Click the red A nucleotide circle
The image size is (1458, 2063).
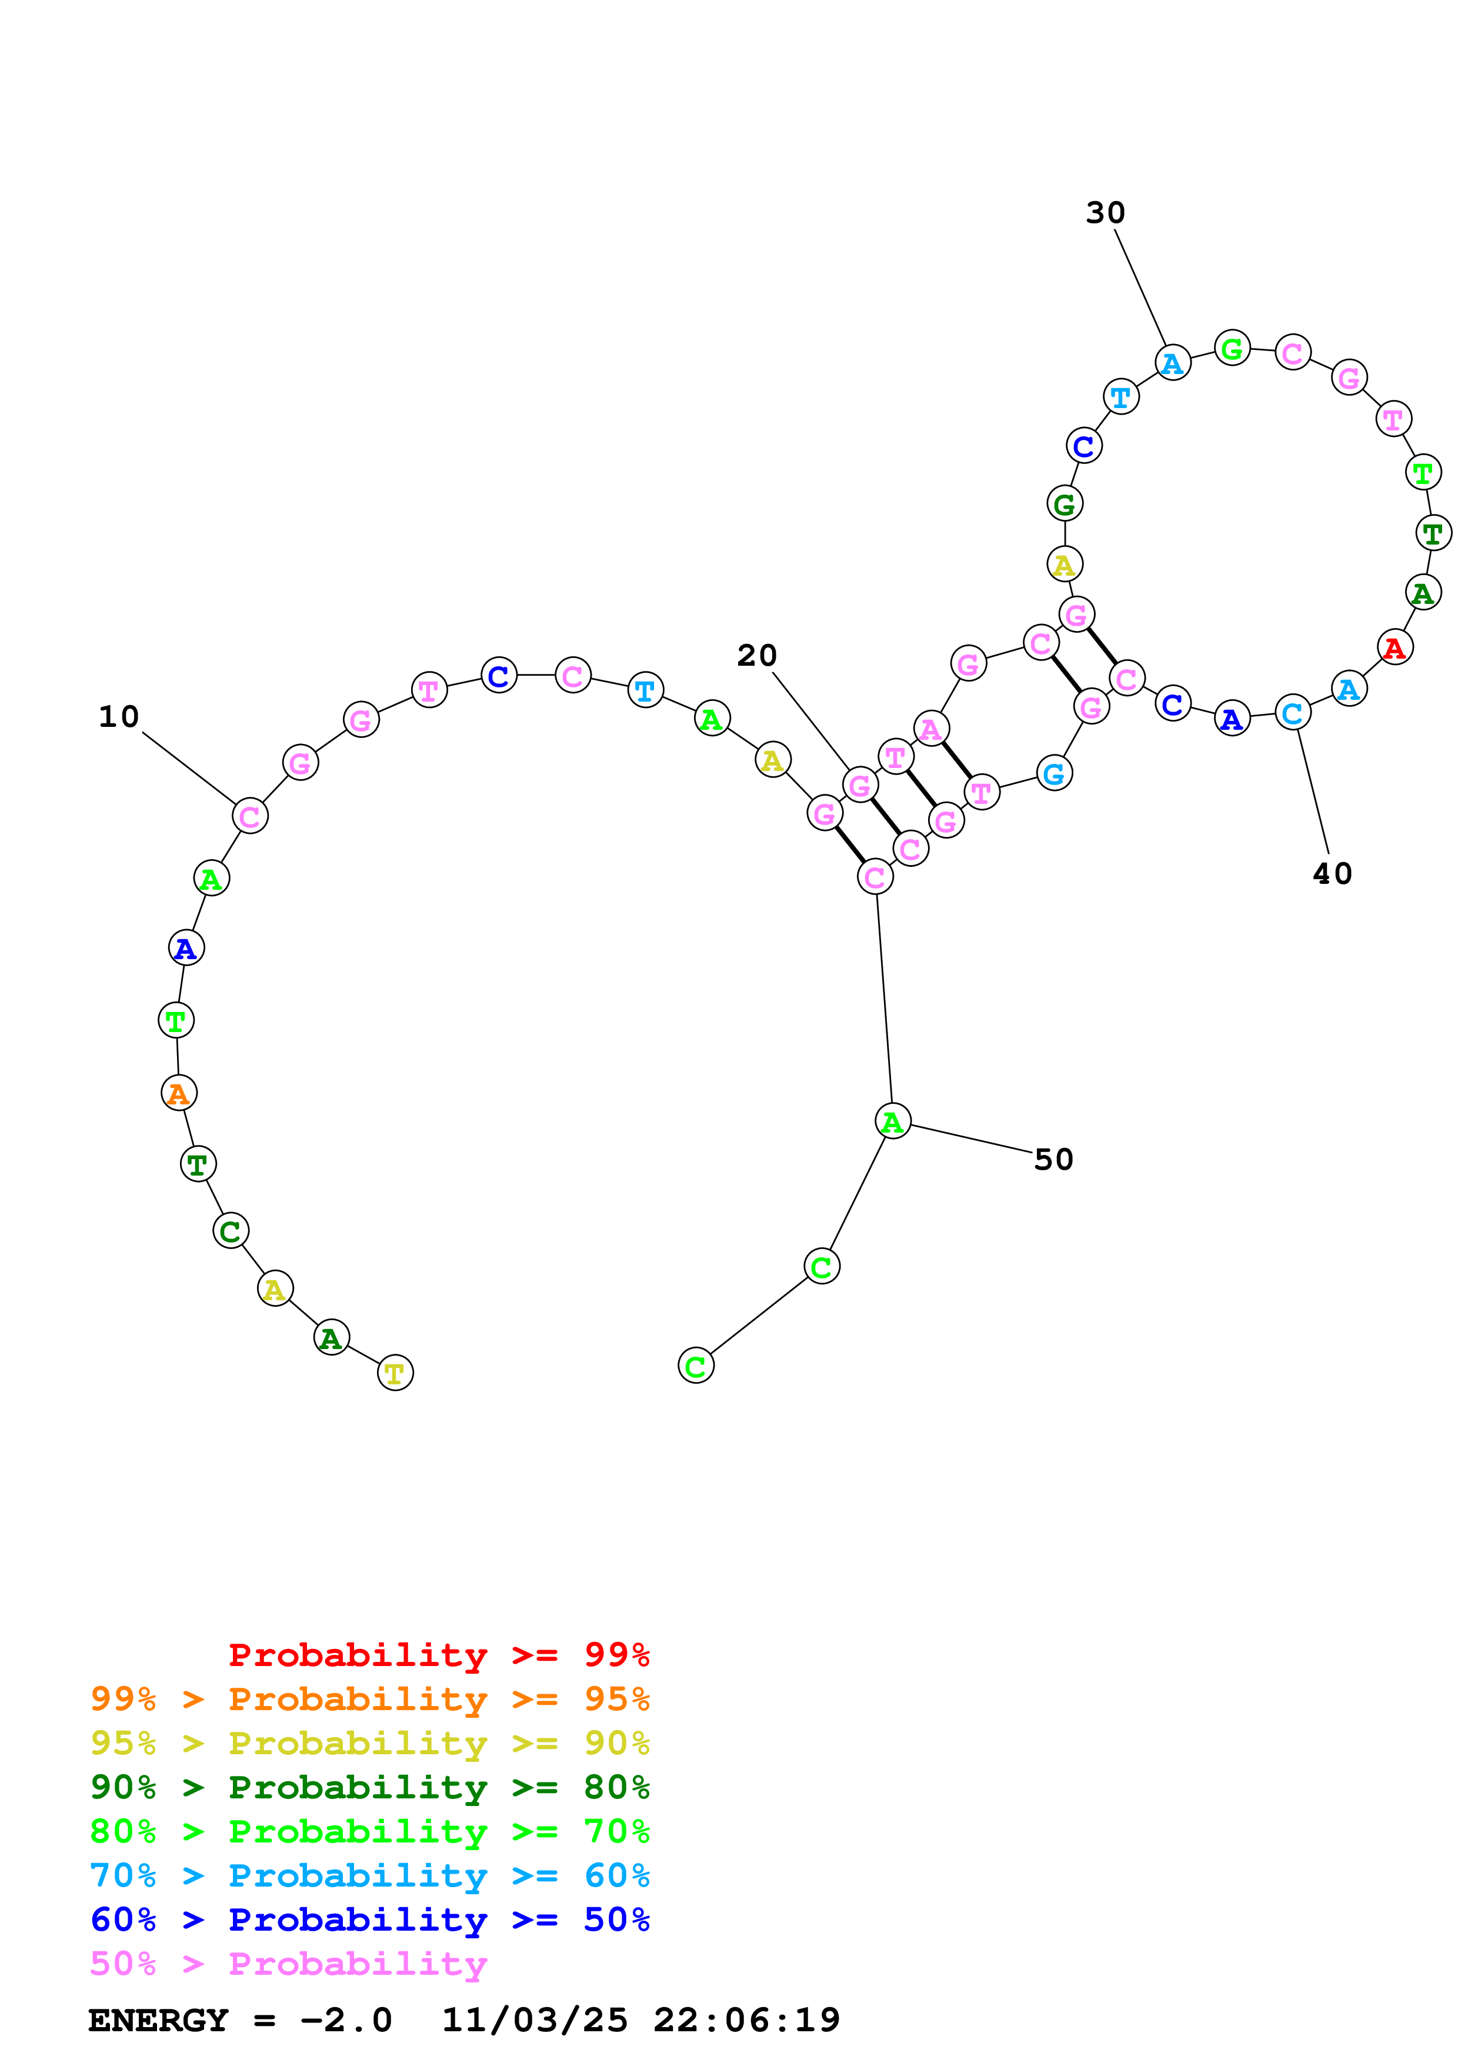pyautogui.click(x=1393, y=647)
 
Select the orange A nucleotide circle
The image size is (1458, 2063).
pyautogui.click(x=179, y=1093)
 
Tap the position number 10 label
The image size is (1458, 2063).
pyautogui.click(x=119, y=717)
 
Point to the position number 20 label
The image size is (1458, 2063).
pyautogui.click(x=756, y=656)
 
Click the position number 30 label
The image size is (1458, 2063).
pyautogui.click(x=1105, y=213)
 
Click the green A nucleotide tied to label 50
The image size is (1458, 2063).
pyautogui.click(x=892, y=1121)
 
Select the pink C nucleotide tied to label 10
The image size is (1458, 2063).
pyautogui.click(x=250, y=816)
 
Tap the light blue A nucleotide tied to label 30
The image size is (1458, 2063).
pyautogui.click(x=1172, y=363)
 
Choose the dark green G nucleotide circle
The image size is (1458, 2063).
pyautogui.click(x=1065, y=504)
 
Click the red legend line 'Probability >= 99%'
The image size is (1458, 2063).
pyautogui.click(x=438, y=1654)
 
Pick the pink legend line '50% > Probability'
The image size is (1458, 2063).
pyautogui.click(x=288, y=1963)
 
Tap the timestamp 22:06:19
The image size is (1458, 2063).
pyautogui.click(x=746, y=2020)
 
